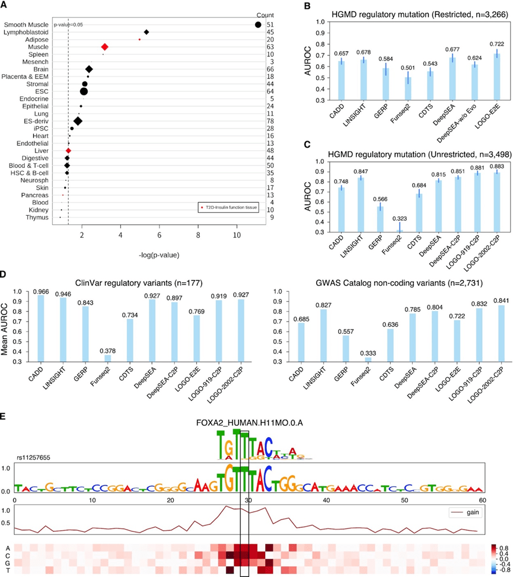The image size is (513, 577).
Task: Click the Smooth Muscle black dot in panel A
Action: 258,24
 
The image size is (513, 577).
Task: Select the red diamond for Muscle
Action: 104,47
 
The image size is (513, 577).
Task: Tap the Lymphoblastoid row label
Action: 28,32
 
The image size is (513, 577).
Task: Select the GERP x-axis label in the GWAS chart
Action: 332,378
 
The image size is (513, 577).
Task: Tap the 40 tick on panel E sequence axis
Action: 327,500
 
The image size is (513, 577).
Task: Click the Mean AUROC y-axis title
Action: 6,329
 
